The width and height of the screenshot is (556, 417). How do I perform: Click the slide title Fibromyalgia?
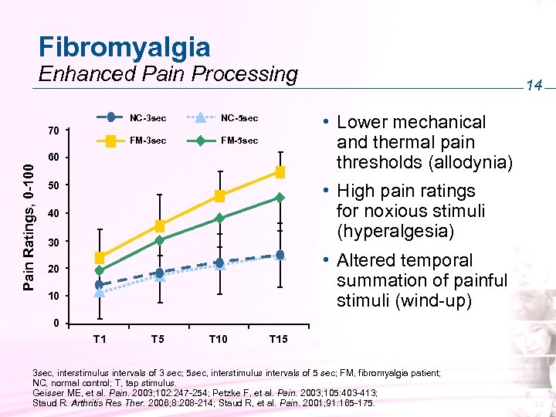(x=124, y=46)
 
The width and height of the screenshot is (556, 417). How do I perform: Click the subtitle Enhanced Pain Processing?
(x=168, y=74)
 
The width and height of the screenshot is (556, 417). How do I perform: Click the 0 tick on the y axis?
(x=56, y=323)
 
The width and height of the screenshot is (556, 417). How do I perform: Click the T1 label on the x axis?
(x=100, y=339)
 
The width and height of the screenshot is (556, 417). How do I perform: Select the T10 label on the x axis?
(x=219, y=339)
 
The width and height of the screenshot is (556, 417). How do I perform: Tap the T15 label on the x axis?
(x=278, y=339)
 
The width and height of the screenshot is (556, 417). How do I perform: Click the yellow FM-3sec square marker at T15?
(x=280, y=171)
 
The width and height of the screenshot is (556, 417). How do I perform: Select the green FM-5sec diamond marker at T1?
(x=100, y=270)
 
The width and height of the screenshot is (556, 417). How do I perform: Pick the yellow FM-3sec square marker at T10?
(x=219, y=196)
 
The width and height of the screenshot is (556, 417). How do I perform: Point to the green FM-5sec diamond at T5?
(x=159, y=240)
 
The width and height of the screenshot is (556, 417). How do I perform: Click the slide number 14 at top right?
(x=534, y=87)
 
